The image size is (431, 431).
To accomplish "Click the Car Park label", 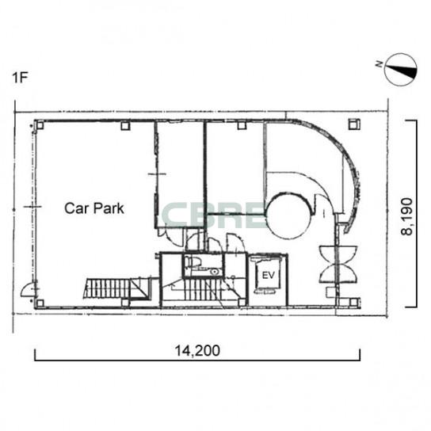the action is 94,208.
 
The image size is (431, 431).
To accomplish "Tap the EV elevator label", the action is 268,275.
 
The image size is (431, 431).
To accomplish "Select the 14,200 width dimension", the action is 197,351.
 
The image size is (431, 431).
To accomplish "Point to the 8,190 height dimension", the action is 407,216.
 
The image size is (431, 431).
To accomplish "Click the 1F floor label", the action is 20,78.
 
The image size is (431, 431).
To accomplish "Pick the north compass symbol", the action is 400,70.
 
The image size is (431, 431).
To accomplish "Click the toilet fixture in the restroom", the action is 193,261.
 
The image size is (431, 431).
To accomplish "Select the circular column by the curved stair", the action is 289,217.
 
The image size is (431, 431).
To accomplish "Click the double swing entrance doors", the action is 338,265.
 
